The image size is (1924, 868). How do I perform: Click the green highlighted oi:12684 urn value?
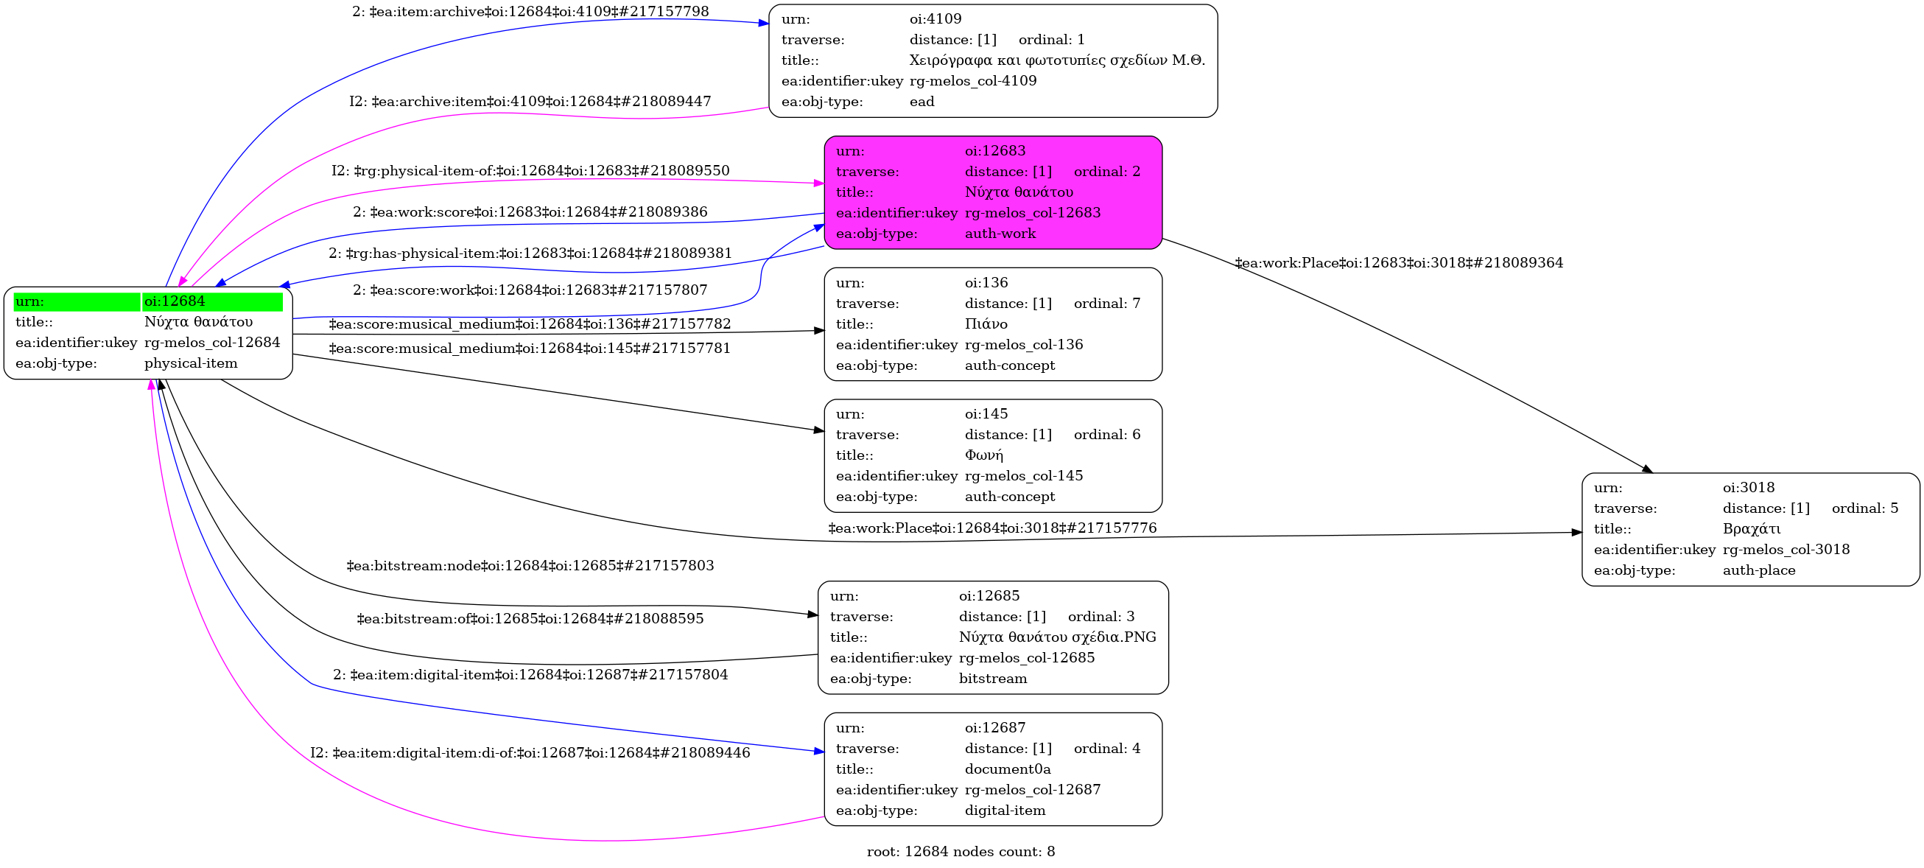[175, 301]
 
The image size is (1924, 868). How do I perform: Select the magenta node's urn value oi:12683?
[995, 151]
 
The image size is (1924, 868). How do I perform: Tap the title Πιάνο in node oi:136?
[986, 324]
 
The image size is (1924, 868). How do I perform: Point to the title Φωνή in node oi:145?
[983, 455]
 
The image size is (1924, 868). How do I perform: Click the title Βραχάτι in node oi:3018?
[1752, 529]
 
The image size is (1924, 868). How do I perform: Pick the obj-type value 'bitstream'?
[993, 679]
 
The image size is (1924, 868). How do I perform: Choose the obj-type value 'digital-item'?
[1005, 811]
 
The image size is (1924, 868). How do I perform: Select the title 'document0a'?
[1008, 769]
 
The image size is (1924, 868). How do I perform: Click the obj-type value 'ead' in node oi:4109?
[921, 102]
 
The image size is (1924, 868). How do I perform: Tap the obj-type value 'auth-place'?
[1759, 570]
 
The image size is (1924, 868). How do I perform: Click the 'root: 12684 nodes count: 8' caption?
[961, 852]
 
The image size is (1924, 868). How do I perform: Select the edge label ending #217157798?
[530, 12]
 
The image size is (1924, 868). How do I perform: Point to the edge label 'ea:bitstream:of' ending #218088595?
[530, 618]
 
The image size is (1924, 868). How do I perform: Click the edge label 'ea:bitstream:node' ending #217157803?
[530, 565]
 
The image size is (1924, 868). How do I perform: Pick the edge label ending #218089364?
[1399, 263]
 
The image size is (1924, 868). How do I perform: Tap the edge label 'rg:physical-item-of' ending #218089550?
[530, 171]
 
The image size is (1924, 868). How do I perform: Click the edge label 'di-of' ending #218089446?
[530, 753]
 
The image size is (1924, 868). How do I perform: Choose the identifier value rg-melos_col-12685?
[1026, 658]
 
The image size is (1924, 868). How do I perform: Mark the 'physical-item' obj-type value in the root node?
[191, 364]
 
